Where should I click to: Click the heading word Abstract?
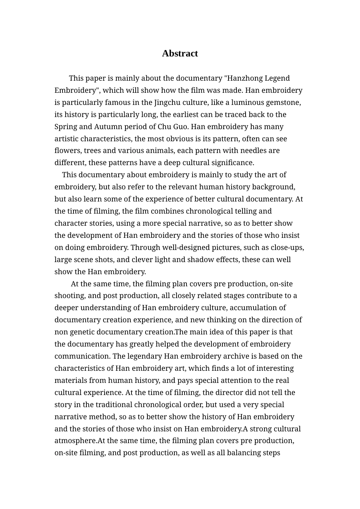pyautogui.click(x=180, y=53)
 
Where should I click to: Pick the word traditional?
pyautogui.click(x=113, y=405)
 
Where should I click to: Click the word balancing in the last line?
pyautogui.click(x=244, y=453)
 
